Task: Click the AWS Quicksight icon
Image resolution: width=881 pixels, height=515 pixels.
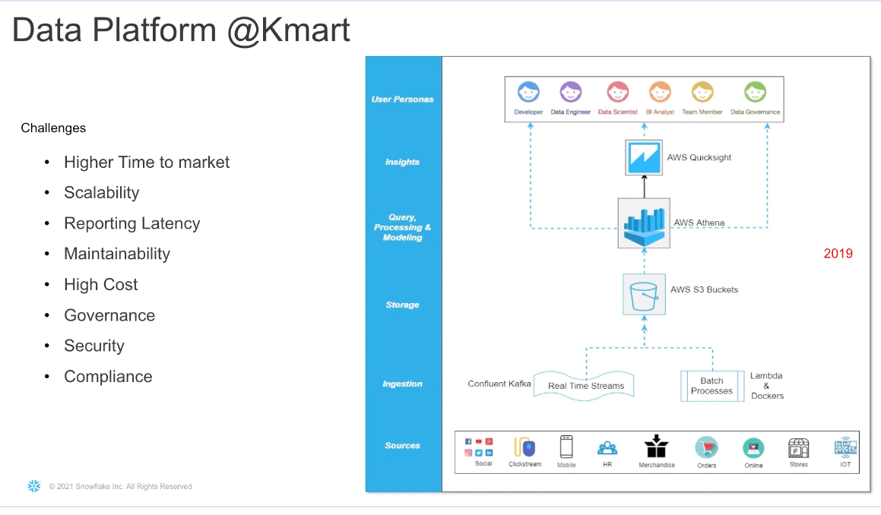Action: click(644, 158)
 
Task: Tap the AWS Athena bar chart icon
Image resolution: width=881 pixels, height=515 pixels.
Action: click(644, 223)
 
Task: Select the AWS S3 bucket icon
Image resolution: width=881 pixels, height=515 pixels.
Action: click(644, 294)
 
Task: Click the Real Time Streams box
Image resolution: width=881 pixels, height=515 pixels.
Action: click(585, 385)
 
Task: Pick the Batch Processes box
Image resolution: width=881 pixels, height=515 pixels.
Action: click(711, 386)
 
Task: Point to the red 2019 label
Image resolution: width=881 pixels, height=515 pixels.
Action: click(838, 254)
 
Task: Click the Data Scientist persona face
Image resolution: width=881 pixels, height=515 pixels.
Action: click(617, 93)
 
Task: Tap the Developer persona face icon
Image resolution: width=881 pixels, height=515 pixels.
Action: click(528, 93)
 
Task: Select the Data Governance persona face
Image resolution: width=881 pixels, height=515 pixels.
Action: click(755, 93)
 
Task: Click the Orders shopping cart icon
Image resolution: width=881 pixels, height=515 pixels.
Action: click(706, 447)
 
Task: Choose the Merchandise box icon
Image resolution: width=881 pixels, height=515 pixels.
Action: click(656, 446)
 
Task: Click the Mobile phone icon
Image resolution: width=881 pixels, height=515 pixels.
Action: click(566, 446)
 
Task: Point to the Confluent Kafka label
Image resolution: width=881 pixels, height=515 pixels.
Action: click(499, 384)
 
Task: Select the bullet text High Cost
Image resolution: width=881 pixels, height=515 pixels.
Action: click(100, 285)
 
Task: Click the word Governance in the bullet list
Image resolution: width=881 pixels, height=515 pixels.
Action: click(109, 315)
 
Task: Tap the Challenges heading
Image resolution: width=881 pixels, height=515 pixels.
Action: click(53, 128)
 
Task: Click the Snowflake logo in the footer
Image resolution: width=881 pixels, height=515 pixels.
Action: click(33, 486)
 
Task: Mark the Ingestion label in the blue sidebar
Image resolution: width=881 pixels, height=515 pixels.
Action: click(402, 384)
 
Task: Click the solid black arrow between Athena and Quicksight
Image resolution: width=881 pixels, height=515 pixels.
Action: click(644, 187)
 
